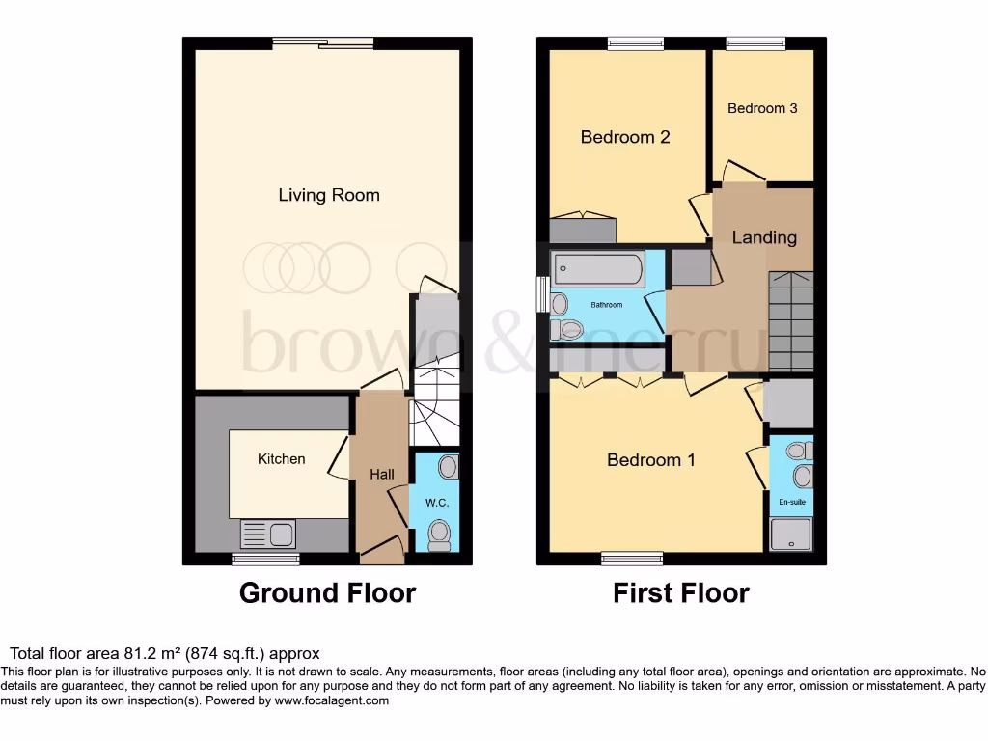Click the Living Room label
point(329,195)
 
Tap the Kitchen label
point(281,459)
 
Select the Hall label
point(382,475)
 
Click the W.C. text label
point(437,504)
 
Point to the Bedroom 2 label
point(624,137)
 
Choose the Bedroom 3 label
point(762,108)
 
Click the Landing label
point(764,237)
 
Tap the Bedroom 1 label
point(650,460)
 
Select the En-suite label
point(791,503)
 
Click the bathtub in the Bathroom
point(597,269)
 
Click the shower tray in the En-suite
point(791,534)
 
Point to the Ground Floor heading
point(327,592)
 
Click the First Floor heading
point(681,592)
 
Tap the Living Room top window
point(322,42)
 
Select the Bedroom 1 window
point(632,558)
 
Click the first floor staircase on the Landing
point(791,320)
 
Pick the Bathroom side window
point(542,294)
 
